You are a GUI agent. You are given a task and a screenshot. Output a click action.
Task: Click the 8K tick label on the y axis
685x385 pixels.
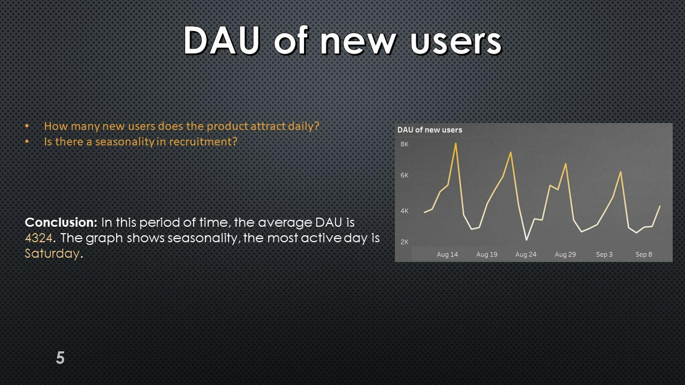pyautogui.click(x=404, y=144)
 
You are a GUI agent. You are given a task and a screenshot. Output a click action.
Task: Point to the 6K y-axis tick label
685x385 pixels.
pyautogui.click(x=404, y=175)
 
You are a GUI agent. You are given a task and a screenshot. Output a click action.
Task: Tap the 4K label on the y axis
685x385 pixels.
pyautogui.click(x=404, y=211)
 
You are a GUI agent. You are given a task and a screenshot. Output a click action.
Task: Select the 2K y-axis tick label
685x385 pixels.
pyautogui.click(x=404, y=242)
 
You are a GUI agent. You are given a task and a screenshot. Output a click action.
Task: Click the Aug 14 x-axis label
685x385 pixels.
pyautogui.click(x=447, y=255)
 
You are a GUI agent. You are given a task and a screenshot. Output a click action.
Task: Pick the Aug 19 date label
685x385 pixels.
pyautogui.click(x=487, y=255)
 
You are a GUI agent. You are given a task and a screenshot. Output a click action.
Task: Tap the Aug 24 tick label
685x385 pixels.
pyautogui.click(x=526, y=255)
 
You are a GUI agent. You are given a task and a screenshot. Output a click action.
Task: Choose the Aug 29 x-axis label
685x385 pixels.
pyautogui.click(x=566, y=255)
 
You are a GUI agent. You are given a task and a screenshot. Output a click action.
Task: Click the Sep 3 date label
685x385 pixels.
pyautogui.click(x=604, y=255)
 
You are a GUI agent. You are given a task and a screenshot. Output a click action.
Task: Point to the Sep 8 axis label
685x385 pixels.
pyautogui.click(x=644, y=255)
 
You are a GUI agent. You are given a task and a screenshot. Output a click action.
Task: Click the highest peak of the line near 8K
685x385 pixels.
pyautogui.click(x=456, y=143)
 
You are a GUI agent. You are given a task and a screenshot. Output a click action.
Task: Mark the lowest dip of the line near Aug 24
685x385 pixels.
pyautogui.click(x=526, y=240)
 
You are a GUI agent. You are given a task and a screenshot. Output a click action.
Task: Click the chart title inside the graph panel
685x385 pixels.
pyautogui.click(x=430, y=130)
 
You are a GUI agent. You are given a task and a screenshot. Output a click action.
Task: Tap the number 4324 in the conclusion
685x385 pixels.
pyautogui.click(x=39, y=238)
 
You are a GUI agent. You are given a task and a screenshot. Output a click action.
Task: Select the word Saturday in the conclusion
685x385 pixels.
pyautogui.click(x=52, y=254)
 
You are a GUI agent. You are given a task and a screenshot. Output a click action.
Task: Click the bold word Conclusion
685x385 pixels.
pyautogui.click(x=61, y=222)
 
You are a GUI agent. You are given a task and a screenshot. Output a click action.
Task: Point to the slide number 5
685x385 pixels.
pyautogui.click(x=60, y=358)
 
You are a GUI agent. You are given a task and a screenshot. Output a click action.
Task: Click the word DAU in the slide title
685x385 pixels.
pyautogui.click(x=222, y=40)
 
